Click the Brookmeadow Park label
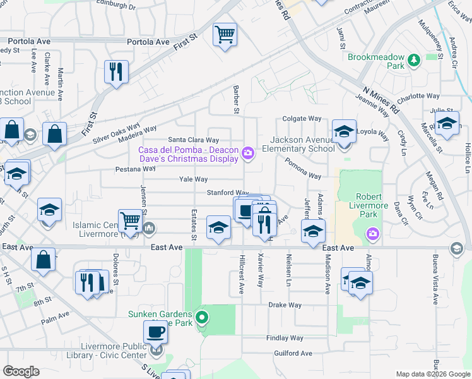click(375, 61)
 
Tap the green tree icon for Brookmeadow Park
click(414, 61)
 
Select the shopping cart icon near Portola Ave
click(224, 34)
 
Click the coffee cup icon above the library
click(155, 331)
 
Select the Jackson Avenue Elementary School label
click(298, 144)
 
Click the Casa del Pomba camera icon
click(248, 153)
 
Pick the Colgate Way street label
click(302, 118)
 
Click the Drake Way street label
click(285, 304)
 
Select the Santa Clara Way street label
click(193, 140)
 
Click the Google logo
click(21, 371)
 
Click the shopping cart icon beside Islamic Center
click(130, 221)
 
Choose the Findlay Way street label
click(285, 339)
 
